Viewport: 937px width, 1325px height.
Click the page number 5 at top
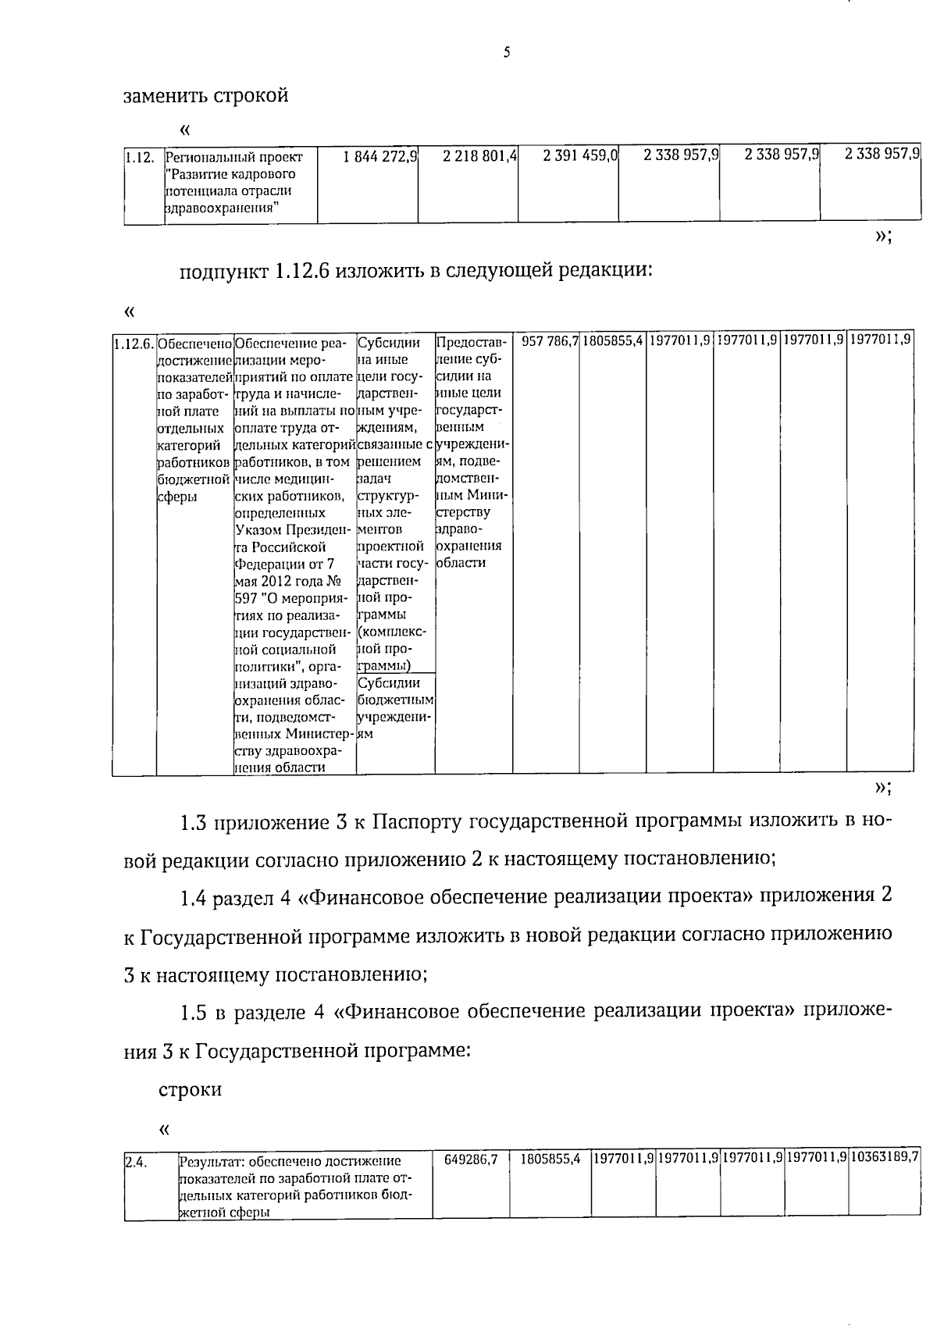[x=507, y=53]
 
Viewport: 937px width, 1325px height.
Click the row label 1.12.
[x=139, y=157]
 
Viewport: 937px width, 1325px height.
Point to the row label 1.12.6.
[x=134, y=344]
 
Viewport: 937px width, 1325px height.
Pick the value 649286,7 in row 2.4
[x=471, y=1160]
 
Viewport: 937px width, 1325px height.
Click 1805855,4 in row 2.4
[x=550, y=1160]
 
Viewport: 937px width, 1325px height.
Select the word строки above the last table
[x=190, y=1089]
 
